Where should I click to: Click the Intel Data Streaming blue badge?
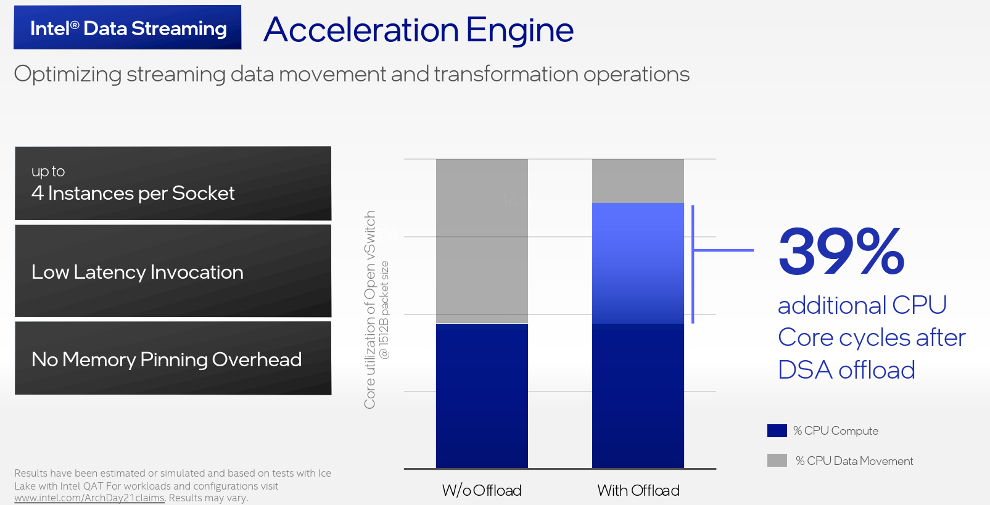point(127,27)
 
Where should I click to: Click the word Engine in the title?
point(520,30)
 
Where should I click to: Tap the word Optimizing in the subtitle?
point(68,74)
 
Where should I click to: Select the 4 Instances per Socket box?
point(173,183)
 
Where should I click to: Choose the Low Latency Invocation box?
point(173,271)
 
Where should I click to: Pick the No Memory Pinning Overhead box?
point(173,358)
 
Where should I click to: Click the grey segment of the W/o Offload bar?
point(482,241)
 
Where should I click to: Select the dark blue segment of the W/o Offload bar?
point(482,396)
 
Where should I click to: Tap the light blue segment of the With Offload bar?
point(638,263)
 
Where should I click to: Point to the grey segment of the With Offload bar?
point(638,181)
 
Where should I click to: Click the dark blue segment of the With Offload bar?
point(638,396)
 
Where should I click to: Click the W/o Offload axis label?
point(482,490)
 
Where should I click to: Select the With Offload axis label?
point(638,490)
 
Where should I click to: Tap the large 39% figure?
point(841,252)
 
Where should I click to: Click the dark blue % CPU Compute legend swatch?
point(777,431)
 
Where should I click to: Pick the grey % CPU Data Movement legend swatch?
point(777,461)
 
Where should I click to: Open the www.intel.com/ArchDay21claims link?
point(89,498)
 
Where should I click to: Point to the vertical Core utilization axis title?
point(370,310)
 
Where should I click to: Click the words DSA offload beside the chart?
point(846,370)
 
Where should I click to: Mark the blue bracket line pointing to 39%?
point(693,264)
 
